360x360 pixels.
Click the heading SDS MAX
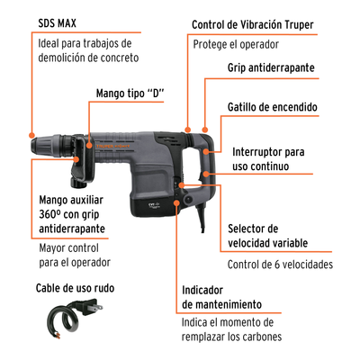(x=57, y=23)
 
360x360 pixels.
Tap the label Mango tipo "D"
(x=130, y=94)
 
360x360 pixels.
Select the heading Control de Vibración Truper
(x=253, y=24)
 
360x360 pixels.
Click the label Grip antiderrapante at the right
(x=271, y=67)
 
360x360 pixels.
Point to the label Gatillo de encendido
(x=273, y=107)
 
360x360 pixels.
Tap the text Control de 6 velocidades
(x=280, y=265)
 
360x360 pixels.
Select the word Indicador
(x=202, y=290)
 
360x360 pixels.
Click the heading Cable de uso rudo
(x=75, y=288)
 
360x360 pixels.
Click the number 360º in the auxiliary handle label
(x=49, y=214)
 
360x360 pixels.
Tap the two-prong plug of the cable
(x=90, y=307)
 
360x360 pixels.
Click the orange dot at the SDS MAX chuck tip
(x=31, y=135)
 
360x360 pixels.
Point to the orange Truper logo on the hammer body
(x=112, y=147)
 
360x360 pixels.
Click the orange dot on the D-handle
(x=89, y=146)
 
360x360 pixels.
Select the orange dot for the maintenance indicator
(x=176, y=203)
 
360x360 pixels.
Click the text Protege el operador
(x=236, y=45)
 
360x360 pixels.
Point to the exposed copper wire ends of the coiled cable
(x=58, y=335)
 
